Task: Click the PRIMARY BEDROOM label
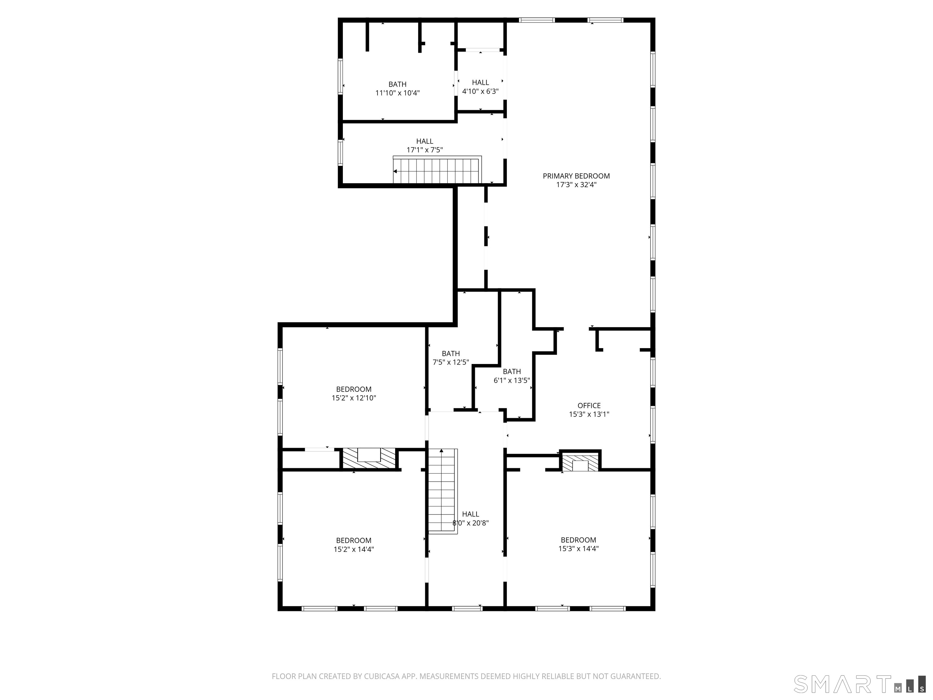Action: (x=576, y=176)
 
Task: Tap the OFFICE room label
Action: (x=589, y=406)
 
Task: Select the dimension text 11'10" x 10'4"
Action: (x=397, y=93)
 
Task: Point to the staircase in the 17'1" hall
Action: (x=437, y=170)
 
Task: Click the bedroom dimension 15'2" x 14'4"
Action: (x=354, y=549)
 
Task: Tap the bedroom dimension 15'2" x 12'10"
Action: (x=354, y=398)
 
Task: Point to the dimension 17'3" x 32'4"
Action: (x=576, y=185)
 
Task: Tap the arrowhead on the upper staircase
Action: (x=395, y=171)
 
